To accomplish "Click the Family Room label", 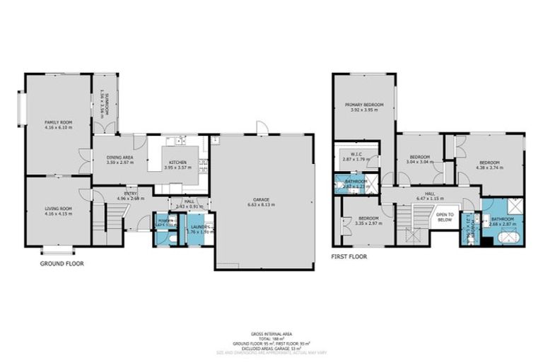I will pyautogui.click(x=59, y=123).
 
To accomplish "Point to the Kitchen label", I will pyautogui.click(x=177, y=162).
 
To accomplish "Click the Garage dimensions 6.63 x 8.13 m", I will pyautogui.click(x=262, y=204).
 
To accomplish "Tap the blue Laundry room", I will pyautogui.click(x=197, y=230).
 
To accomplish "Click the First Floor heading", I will pyautogui.click(x=349, y=257).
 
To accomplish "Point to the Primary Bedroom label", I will pyautogui.click(x=365, y=105).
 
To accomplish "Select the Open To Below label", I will pyautogui.click(x=445, y=217).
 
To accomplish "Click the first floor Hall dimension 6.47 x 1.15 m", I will pyautogui.click(x=431, y=199).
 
